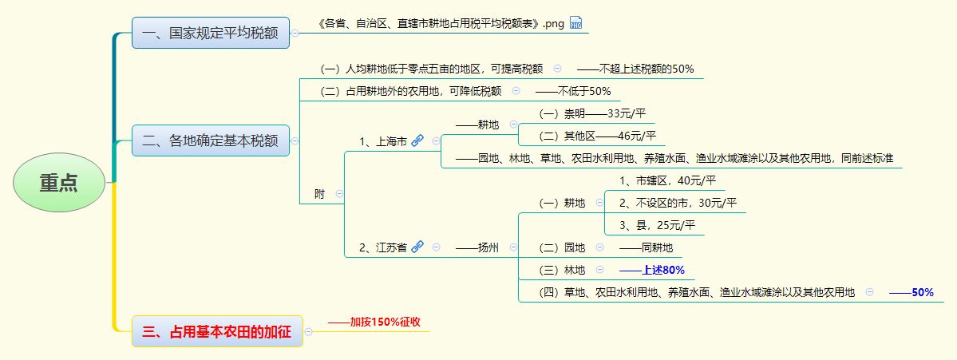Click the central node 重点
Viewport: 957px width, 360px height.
[59, 183]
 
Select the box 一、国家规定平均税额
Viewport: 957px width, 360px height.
[210, 33]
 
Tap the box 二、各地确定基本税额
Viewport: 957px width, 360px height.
[210, 141]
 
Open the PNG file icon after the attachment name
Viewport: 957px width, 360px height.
[576, 23]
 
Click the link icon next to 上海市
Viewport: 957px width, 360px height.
[417, 141]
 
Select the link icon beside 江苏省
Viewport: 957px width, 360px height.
[417, 247]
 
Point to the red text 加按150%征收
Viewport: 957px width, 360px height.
[385, 322]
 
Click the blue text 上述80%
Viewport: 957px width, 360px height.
[662, 270]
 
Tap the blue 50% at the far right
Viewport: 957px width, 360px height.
[922, 292]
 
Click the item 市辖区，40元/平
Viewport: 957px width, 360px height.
[667, 180]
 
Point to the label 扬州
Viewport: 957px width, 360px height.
[488, 247]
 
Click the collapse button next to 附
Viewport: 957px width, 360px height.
[339, 193]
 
